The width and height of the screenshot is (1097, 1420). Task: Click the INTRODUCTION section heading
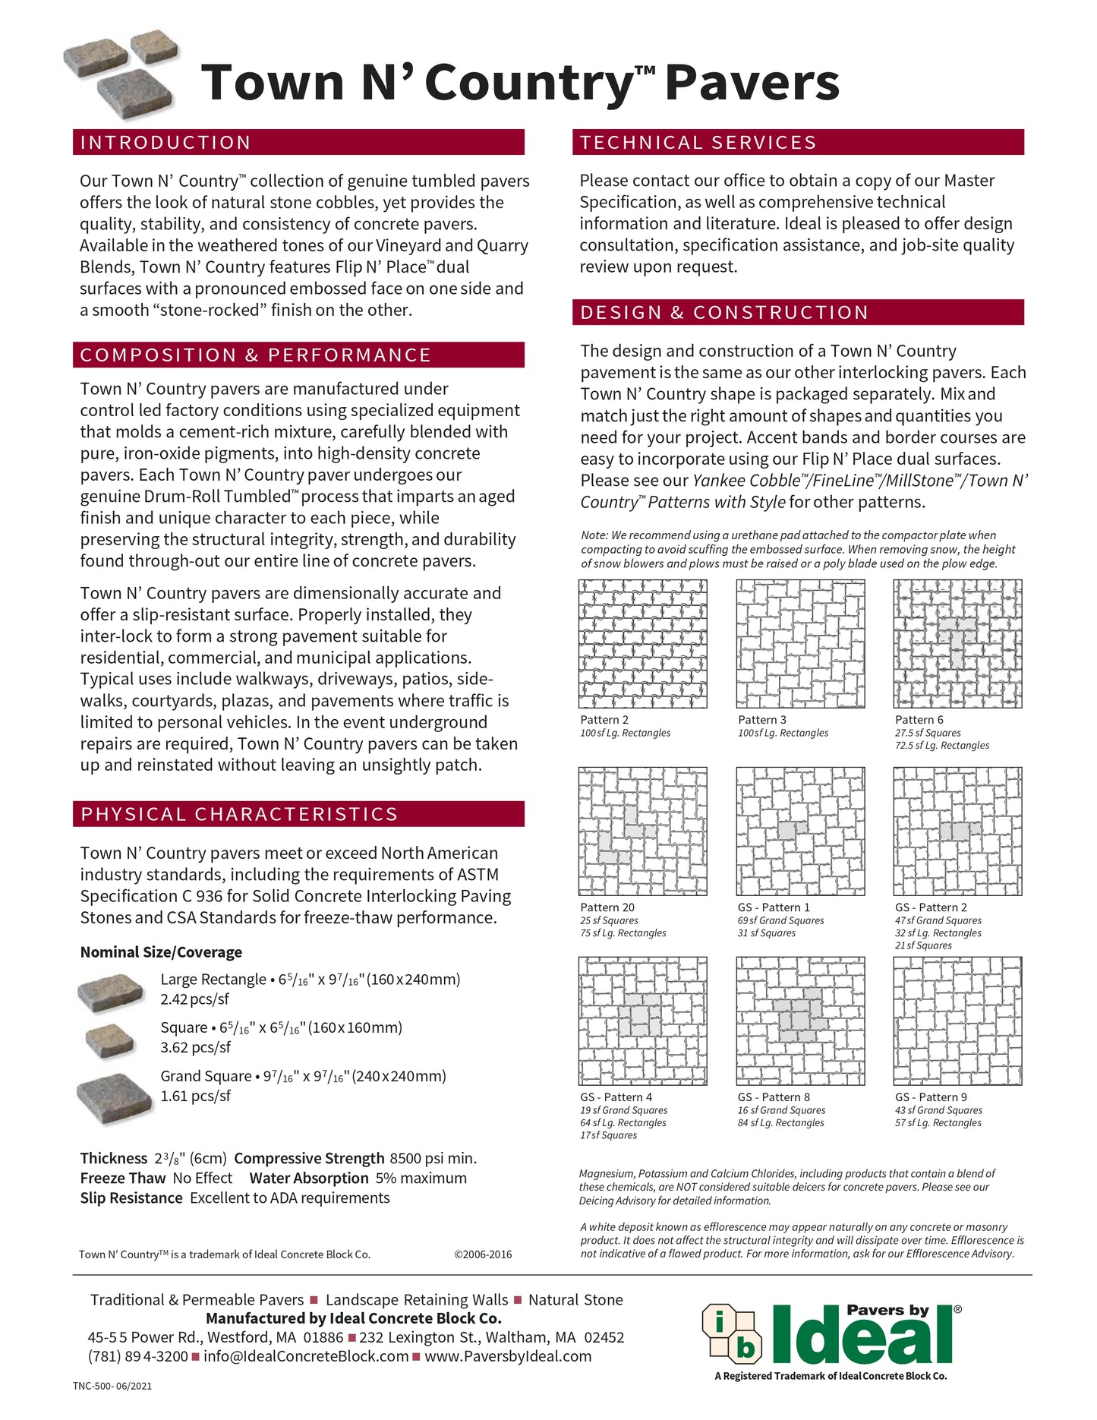[x=165, y=143]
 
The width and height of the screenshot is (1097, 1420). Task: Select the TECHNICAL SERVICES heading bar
[x=698, y=143]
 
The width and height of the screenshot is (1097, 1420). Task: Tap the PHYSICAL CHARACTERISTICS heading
[x=239, y=814]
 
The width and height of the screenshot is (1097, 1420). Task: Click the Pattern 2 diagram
[x=642, y=644]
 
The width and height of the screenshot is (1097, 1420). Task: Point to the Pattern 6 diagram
[x=957, y=644]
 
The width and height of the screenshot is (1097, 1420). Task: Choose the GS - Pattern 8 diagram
[x=800, y=1021]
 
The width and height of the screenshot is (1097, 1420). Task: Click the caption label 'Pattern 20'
[x=607, y=907]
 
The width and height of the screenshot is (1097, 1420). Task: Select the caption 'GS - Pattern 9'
[x=931, y=1097]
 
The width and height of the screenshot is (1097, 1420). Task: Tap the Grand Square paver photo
[x=115, y=1096]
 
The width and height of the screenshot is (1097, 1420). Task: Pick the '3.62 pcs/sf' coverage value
[x=195, y=1047]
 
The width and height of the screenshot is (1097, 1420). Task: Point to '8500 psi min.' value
[x=433, y=1158]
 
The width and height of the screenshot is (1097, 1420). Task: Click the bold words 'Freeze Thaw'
[x=123, y=1178]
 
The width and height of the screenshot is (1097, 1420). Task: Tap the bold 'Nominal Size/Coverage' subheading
[x=161, y=952]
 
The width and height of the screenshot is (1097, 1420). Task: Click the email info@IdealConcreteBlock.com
[x=306, y=1356]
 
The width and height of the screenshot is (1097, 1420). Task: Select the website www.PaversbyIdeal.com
[x=508, y=1356]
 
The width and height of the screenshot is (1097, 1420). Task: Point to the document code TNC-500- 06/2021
[x=112, y=1386]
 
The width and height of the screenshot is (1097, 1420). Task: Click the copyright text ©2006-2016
[x=483, y=1254]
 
